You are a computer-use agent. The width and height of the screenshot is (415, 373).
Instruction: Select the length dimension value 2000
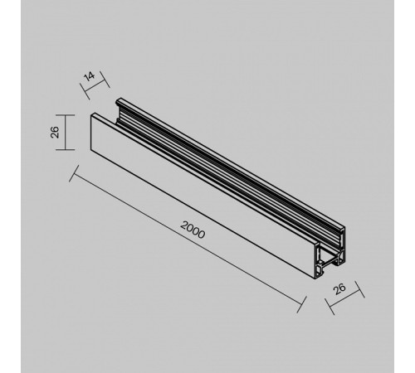(192, 231)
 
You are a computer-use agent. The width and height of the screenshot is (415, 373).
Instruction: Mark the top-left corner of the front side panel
(88, 115)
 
